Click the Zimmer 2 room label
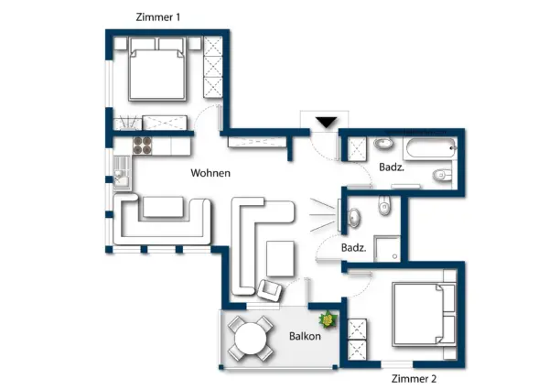click(414, 378)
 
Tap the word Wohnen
click(210, 173)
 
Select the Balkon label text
click(304, 336)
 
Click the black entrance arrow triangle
click(326, 122)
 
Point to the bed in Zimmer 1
click(158, 70)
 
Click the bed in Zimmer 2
click(423, 314)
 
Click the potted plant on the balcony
click(328, 320)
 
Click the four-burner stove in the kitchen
click(143, 144)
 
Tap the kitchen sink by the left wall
click(121, 169)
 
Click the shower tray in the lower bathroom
click(388, 244)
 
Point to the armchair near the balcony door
click(271, 290)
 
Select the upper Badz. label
click(393, 167)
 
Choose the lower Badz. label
click(354, 248)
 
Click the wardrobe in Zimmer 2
click(357, 338)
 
